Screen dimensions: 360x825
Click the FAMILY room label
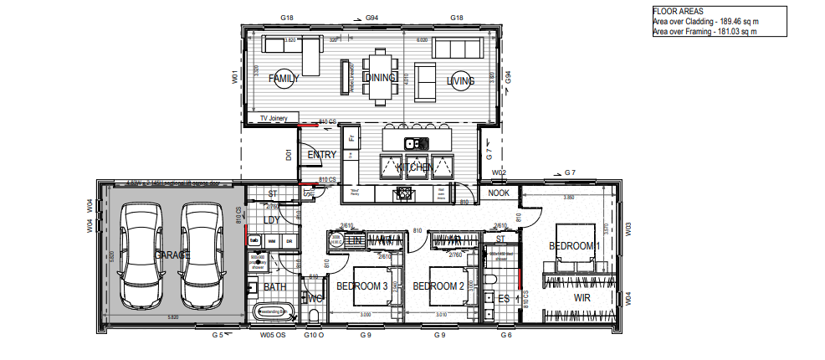(x=284, y=79)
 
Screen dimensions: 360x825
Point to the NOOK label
(x=499, y=193)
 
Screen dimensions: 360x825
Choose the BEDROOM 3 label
(x=361, y=285)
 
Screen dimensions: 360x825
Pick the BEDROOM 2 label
(x=438, y=285)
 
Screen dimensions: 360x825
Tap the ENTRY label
(x=321, y=154)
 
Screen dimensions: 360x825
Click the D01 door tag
(x=288, y=155)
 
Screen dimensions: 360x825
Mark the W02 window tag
(x=499, y=173)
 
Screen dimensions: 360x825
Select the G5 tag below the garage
(x=217, y=335)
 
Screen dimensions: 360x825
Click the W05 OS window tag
(x=271, y=335)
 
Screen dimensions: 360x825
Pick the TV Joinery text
(x=273, y=119)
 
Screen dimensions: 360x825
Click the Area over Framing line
(x=704, y=32)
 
